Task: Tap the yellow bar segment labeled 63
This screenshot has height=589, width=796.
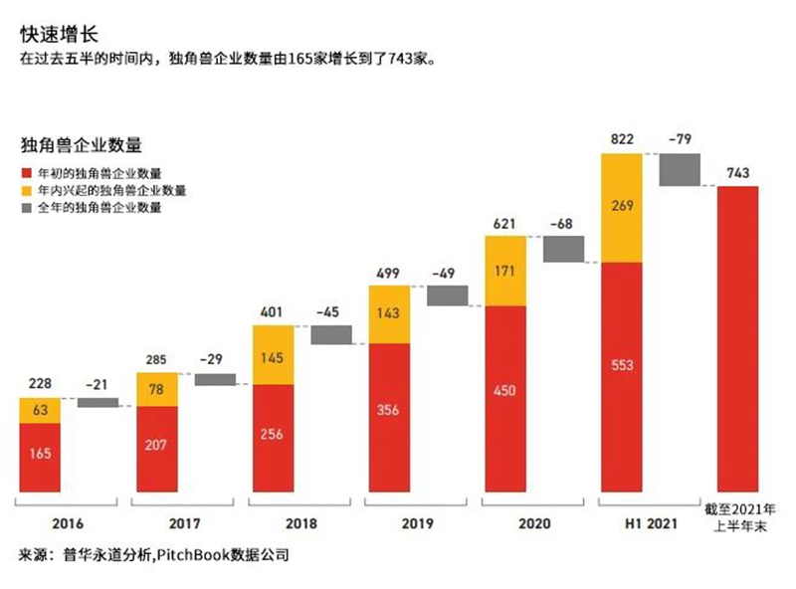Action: coord(40,410)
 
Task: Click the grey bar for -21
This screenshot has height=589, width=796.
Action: coord(98,402)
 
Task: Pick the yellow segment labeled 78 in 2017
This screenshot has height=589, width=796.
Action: coord(157,389)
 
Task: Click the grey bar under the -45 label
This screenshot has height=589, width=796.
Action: coord(331,334)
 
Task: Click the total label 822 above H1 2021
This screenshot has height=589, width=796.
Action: coord(621,139)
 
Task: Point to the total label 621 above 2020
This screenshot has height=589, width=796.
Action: coord(504,222)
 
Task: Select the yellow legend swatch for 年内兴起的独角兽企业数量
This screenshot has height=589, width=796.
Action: coord(27,190)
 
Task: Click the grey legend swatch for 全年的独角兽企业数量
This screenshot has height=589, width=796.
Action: coord(27,209)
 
